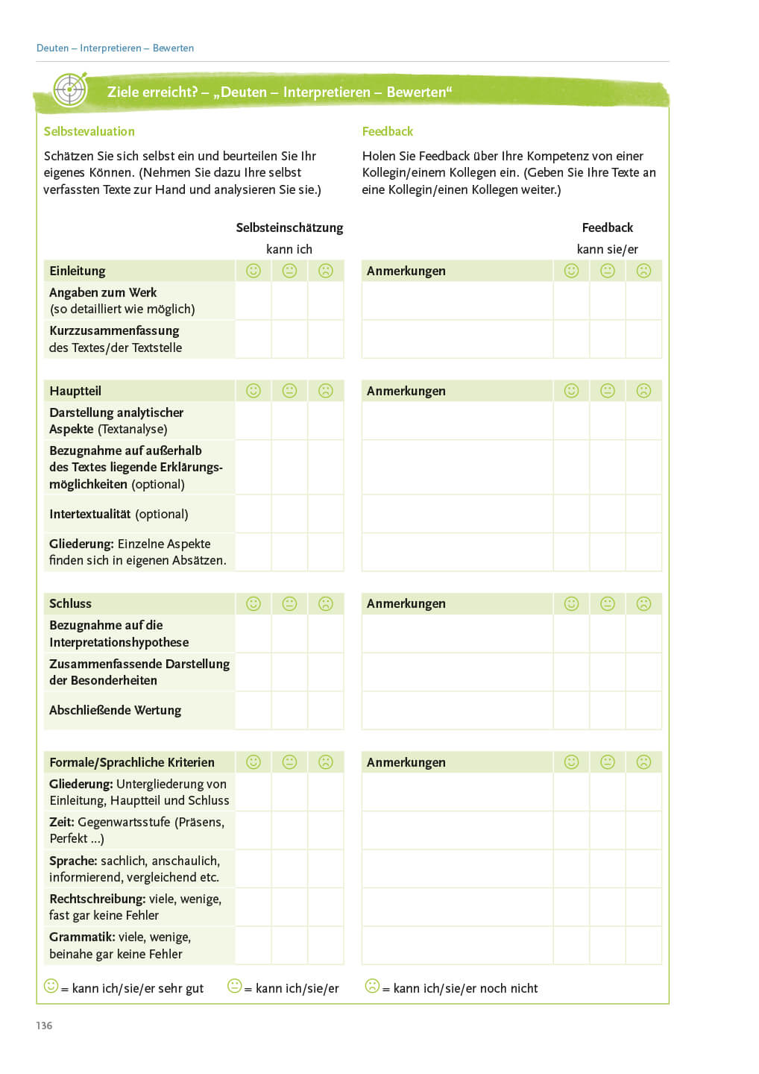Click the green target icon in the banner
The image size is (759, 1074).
pos(70,91)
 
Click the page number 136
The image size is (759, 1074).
pos(44,1026)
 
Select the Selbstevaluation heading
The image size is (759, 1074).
pos(89,131)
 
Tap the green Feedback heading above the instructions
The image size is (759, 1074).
pos(387,131)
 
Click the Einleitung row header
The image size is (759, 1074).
pos(78,271)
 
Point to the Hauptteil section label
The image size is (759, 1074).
pos(75,391)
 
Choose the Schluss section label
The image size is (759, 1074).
pos(70,603)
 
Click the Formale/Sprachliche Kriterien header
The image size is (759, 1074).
pos(132,762)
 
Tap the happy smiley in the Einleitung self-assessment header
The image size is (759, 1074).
pos(253,271)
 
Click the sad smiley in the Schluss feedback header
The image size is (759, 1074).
pos(643,603)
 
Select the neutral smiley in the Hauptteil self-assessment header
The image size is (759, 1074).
pos(289,391)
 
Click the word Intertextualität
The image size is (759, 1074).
pos(90,514)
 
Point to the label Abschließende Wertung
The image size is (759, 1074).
pos(115,710)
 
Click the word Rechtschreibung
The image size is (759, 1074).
pos(97,899)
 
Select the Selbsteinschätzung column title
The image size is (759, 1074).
pos(289,227)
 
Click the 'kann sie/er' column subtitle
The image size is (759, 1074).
pos(607,249)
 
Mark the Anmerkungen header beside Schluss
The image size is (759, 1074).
pos(406,603)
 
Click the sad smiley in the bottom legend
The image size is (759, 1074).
pos(372,986)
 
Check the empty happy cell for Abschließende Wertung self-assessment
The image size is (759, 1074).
pos(253,710)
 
